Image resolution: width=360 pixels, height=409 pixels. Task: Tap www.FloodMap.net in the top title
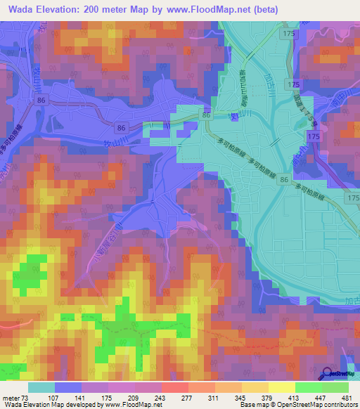click(210, 10)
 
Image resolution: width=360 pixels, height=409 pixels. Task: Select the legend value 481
click(347, 398)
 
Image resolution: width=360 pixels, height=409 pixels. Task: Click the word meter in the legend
click(11, 398)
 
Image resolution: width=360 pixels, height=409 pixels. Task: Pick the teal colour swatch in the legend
click(41, 387)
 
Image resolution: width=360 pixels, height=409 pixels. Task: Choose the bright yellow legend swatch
click(282, 387)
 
